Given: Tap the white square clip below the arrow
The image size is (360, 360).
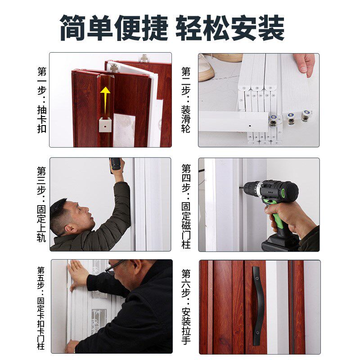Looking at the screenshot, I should (104, 126).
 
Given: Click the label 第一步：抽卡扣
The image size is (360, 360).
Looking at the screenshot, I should (41, 100).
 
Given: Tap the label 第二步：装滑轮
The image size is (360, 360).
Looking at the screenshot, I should (186, 100).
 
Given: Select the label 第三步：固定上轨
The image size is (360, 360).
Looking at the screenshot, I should (41, 204).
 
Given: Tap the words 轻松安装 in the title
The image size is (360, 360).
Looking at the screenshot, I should (230, 28).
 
